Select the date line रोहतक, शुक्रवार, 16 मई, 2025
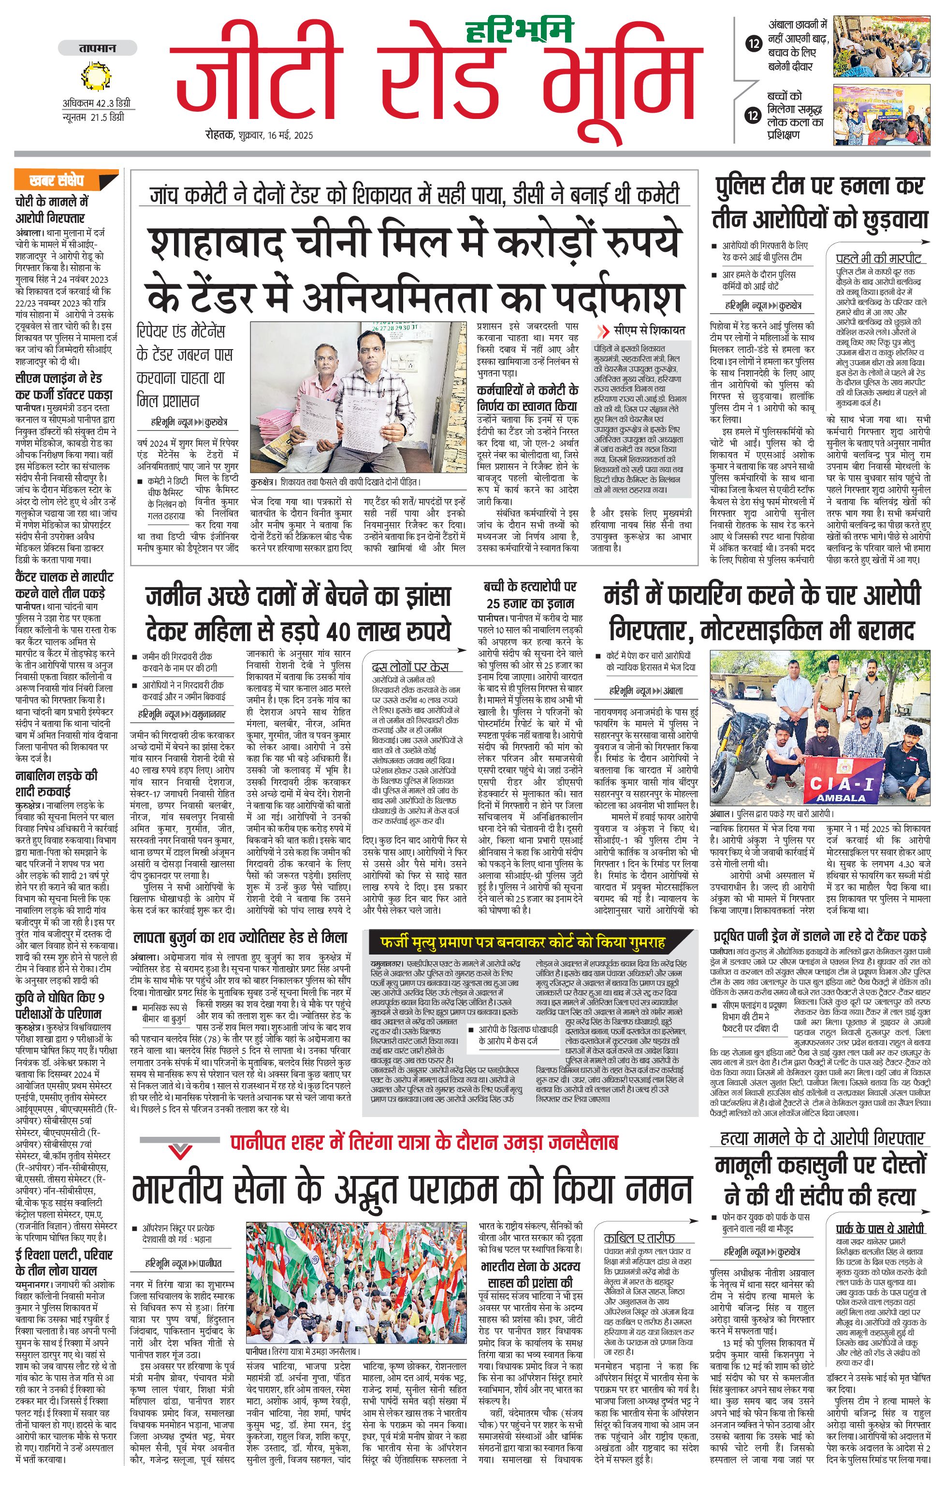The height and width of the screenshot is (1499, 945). point(260,135)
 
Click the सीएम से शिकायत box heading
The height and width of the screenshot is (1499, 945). point(647,331)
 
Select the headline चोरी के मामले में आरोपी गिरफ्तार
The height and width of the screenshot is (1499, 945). point(51,210)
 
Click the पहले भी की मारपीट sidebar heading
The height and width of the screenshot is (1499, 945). point(877,258)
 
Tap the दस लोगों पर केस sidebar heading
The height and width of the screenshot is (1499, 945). point(410,667)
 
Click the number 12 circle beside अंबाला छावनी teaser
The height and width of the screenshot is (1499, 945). point(754,44)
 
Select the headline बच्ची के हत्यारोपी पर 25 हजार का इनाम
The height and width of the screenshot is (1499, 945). point(530,594)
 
